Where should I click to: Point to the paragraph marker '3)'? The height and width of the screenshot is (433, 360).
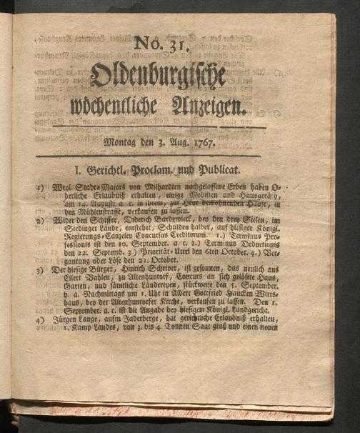(41, 272)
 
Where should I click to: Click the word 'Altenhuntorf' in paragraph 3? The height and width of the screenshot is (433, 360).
(151, 281)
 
